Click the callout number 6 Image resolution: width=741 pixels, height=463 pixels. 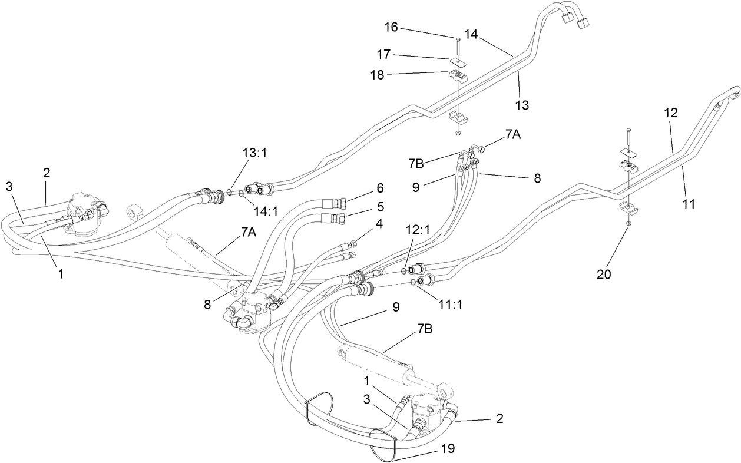tap(381, 188)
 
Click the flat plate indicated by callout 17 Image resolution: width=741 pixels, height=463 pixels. tap(458, 61)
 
